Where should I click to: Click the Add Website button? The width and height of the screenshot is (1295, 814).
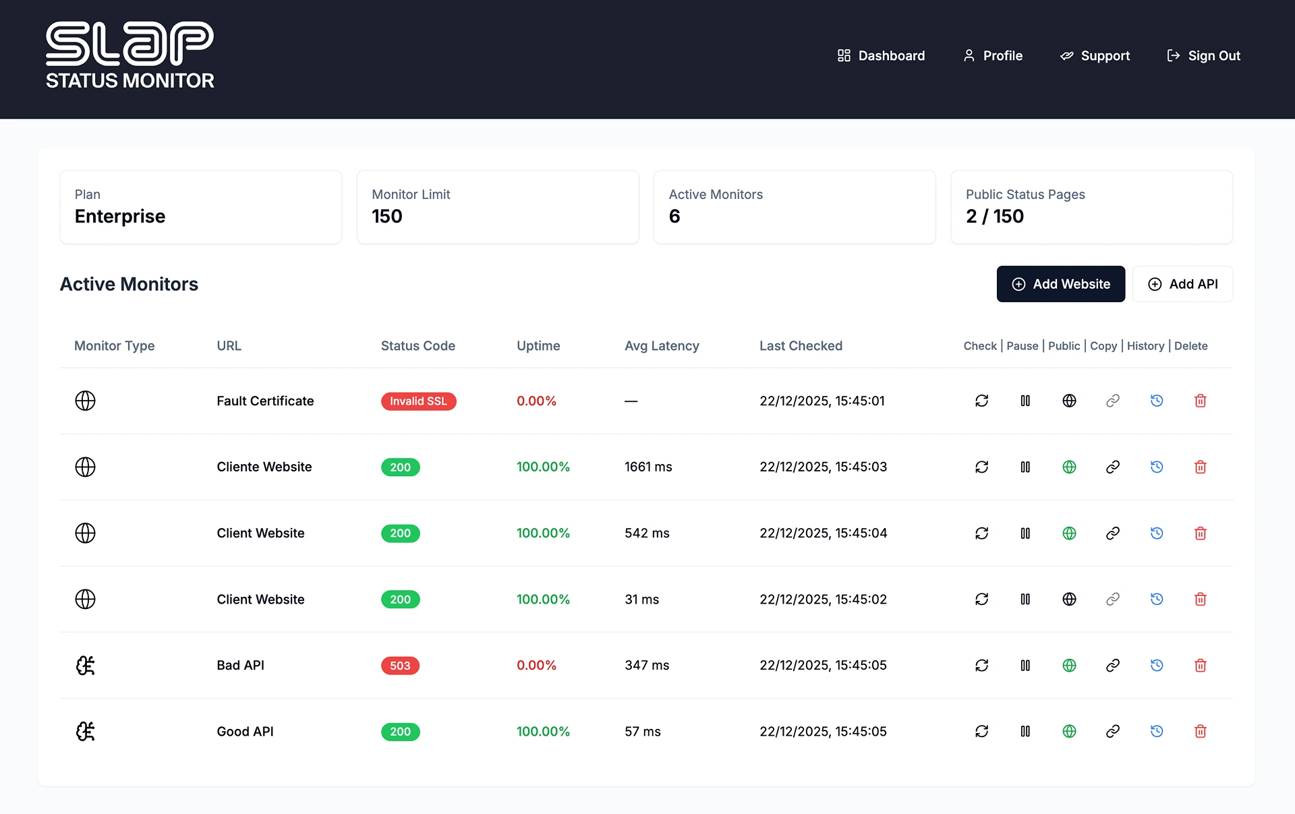coord(1060,284)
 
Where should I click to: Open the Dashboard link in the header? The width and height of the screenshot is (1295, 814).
coord(881,56)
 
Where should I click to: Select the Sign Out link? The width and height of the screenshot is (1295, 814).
coord(1204,56)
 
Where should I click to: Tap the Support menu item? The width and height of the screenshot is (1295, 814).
coord(1095,56)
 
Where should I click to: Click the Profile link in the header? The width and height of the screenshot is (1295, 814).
coord(993,56)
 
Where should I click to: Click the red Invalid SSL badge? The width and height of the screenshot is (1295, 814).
coord(418,401)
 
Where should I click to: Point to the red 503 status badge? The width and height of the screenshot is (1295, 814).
coord(400,666)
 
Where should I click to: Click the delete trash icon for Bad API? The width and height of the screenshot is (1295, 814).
coord(1200,666)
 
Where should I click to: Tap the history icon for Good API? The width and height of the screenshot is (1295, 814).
coord(1156,731)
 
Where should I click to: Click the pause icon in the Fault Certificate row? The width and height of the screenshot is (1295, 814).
coord(1025,401)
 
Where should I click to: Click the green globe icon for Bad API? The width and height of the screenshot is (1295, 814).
coord(1069,666)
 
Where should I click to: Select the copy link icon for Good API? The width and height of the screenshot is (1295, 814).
coord(1113,731)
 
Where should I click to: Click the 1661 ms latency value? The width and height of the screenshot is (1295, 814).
coord(648,467)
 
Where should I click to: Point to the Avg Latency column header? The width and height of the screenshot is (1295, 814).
coord(662,346)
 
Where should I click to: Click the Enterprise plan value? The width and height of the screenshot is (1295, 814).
coord(120,216)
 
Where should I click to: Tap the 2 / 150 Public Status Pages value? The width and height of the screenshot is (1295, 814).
coord(994,216)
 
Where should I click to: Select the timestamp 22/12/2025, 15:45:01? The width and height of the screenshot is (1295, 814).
coord(822,401)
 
